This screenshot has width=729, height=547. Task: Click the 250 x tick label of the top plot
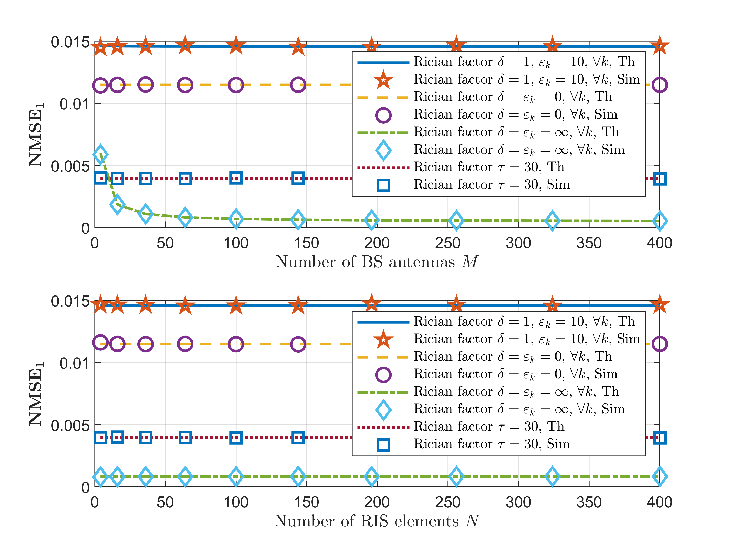[448, 243]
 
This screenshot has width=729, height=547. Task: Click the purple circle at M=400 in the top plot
[659, 85]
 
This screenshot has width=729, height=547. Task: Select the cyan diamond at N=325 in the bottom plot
[552, 476]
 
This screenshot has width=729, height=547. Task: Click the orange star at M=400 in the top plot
[659, 46]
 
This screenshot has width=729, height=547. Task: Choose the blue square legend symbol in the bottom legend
[383, 444]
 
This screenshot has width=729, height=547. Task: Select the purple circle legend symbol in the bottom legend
[383, 374]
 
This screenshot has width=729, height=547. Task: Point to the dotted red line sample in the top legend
[383, 168]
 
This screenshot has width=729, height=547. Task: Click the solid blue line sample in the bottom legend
[383, 322]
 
